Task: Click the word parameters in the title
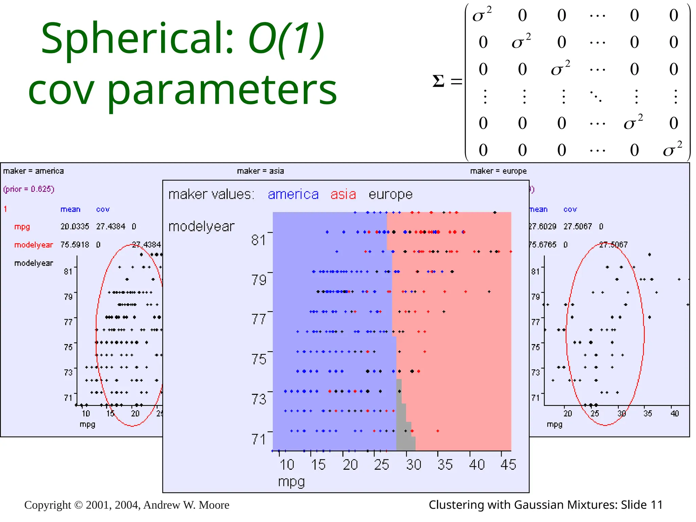tap(222, 90)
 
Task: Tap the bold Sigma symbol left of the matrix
tap(438, 81)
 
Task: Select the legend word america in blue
tap(293, 194)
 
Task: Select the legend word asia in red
tap(343, 194)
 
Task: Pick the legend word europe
tap(390, 194)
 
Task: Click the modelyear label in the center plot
tap(202, 226)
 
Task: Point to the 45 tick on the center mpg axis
tap(508, 465)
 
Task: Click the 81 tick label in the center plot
tap(259, 240)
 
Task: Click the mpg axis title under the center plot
tap(291, 482)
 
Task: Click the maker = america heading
tap(33, 171)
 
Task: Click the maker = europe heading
tap(498, 171)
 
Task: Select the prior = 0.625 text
tap(29, 189)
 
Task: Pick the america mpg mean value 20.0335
tap(75, 226)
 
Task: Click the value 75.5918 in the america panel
tap(75, 245)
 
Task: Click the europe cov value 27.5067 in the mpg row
tap(577, 226)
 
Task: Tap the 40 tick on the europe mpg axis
tap(674, 414)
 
